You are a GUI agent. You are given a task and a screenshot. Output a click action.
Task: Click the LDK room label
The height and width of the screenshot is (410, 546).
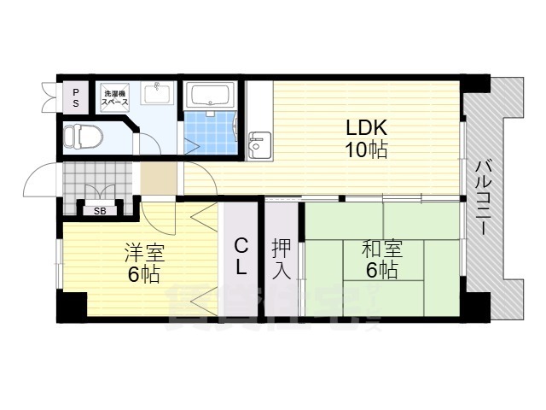click(367, 128)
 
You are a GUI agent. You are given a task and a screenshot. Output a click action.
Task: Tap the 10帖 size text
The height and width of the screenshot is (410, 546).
click(367, 150)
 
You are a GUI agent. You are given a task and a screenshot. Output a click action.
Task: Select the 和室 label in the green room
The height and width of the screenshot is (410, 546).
click(380, 249)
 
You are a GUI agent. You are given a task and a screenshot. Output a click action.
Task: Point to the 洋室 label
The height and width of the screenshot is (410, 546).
click(144, 253)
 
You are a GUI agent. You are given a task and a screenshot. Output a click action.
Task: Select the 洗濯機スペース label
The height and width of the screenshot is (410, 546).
click(115, 97)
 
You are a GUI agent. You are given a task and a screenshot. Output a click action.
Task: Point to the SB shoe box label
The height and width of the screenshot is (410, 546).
click(100, 210)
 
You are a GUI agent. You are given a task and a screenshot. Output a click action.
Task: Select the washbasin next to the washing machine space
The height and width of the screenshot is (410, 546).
click(157, 94)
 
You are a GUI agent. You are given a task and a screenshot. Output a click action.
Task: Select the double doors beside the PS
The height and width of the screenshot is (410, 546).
click(48, 97)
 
